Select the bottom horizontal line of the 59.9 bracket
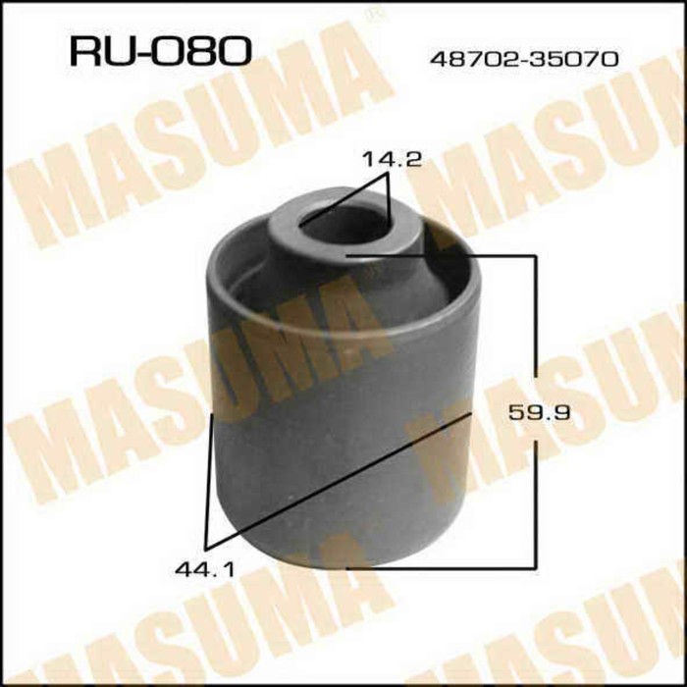tap(442, 567)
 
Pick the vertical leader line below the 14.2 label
tap(389, 201)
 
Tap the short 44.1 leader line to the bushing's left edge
tap(208, 481)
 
